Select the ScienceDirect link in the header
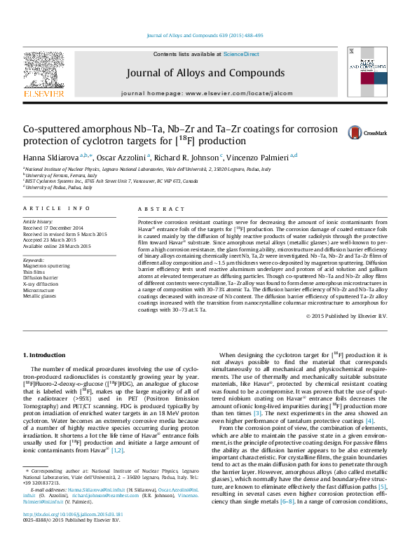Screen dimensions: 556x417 pyautogui.click(x=241, y=54)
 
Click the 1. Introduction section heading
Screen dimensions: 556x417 pyautogui.click(x=47, y=357)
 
